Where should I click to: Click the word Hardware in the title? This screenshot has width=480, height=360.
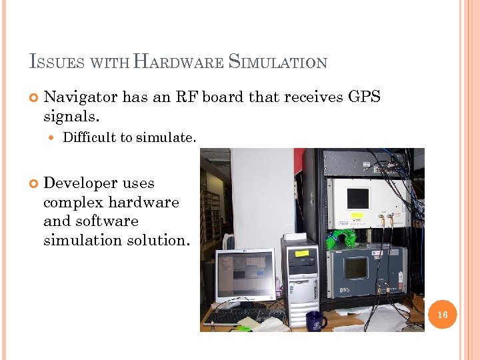pyautogui.click(x=179, y=63)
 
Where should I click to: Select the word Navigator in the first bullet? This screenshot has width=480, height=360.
pyautogui.click(x=81, y=97)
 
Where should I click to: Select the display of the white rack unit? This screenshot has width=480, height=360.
pyautogui.click(x=358, y=198)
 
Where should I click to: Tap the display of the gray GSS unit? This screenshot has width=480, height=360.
pyautogui.click(x=355, y=268)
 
